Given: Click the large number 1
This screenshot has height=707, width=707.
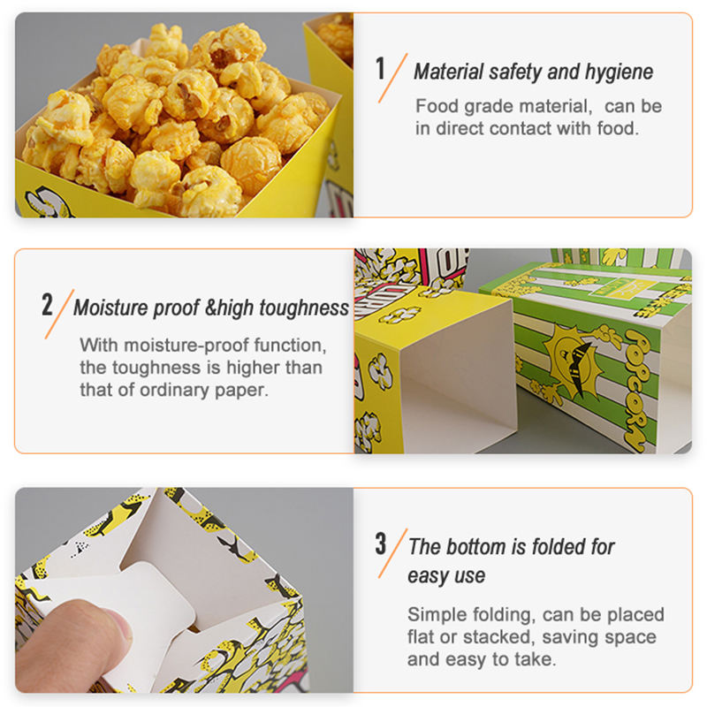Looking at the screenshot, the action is click(381, 69).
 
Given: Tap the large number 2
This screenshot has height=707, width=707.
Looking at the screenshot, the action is click(47, 304).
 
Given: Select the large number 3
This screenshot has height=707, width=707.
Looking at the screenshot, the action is click(381, 544).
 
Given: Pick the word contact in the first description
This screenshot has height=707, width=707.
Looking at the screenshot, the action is click(521, 128).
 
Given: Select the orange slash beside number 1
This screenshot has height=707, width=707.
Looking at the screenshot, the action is click(392, 78).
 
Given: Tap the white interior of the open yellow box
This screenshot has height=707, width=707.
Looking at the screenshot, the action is click(455, 374).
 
